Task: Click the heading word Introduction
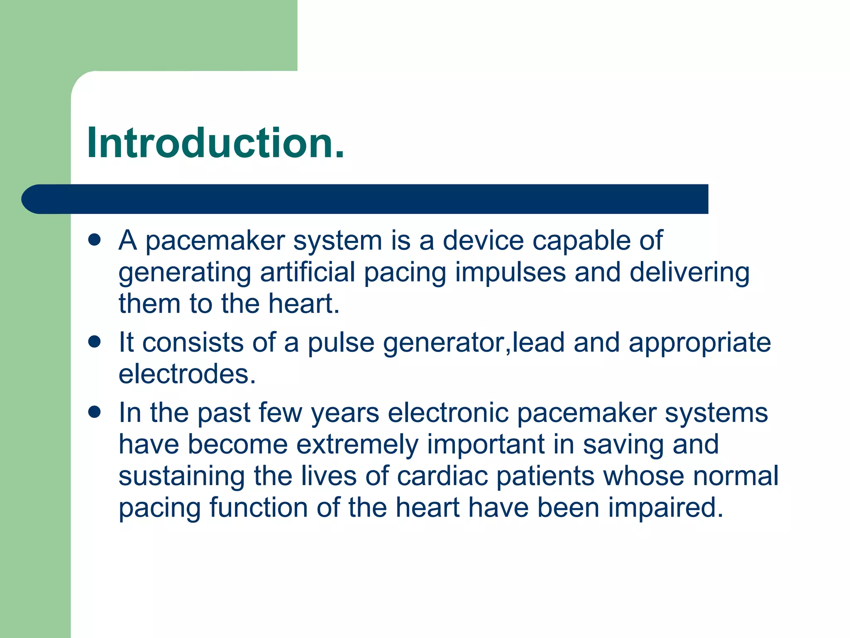[x=215, y=143]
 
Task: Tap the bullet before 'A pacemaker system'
[x=95, y=240]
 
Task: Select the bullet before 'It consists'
[x=95, y=342]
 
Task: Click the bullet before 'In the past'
[x=95, y=412]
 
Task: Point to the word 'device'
[x=483, y=240]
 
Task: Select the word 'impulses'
[x=510, y=273]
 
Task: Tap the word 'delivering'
[x=689, y=273]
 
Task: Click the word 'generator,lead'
[x=474, y=343]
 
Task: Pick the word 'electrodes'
[x=187, y=374]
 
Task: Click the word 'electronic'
[x=448, y=413]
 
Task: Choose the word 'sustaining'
[x=181, y=476]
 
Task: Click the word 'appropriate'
[x=700, y=343]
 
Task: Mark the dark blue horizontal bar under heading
[x=365, y=199]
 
